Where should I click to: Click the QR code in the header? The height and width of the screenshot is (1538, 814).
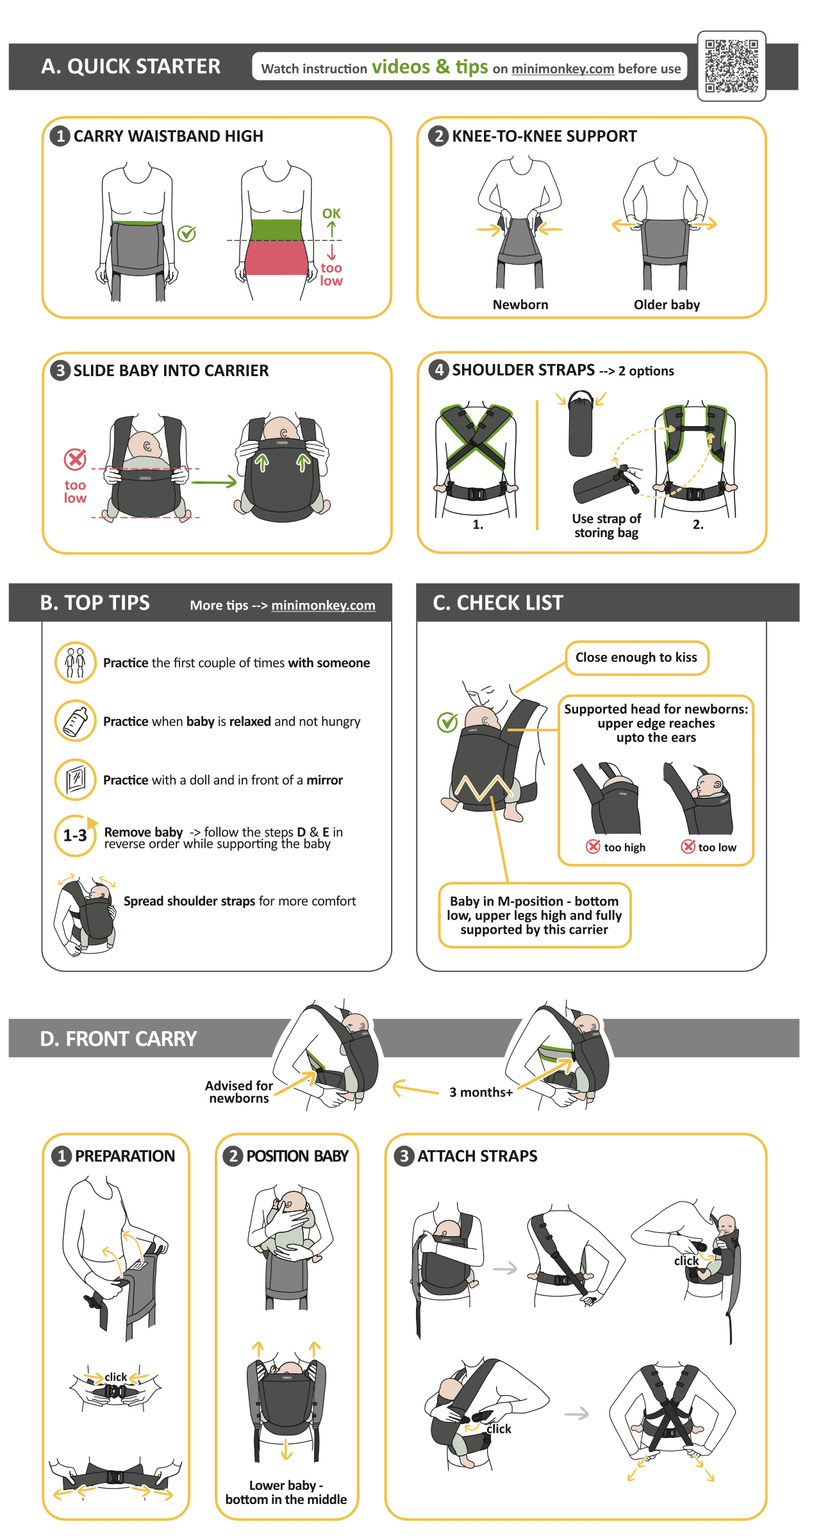(731, 66)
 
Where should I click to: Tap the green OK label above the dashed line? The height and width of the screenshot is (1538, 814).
(331, 213)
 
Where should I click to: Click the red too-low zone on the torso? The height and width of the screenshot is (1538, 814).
(276, 258)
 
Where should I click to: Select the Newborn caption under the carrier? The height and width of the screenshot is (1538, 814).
(520, 305)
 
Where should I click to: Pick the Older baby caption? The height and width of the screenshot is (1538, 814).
(667, 305)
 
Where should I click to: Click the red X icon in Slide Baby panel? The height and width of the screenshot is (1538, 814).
(75, 459)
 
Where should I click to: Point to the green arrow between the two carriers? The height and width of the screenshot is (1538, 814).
(214, 482)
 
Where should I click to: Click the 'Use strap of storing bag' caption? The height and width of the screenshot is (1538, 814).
(606, 525)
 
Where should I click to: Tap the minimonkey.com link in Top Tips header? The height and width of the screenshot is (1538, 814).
(323, 605)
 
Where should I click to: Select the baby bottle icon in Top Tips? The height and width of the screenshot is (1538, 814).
(76, 721)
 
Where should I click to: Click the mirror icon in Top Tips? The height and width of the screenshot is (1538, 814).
(76, 779)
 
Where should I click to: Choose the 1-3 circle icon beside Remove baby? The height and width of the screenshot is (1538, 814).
(76, 836)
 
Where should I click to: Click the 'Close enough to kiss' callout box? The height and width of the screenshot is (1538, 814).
(637, 657)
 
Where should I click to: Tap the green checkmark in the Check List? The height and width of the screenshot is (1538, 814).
(447, 722)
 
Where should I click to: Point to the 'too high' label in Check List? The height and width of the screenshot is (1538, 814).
(625, 847)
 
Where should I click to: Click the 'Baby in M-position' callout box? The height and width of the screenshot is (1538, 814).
(535, 915)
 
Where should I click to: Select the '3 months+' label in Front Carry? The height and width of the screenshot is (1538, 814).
(481, 1092)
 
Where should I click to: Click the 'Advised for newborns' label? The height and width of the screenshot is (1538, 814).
(239, 1092)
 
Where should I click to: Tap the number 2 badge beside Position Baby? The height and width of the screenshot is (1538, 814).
(233, 1156)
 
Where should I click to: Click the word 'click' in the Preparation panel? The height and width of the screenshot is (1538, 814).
(116, 1377)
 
